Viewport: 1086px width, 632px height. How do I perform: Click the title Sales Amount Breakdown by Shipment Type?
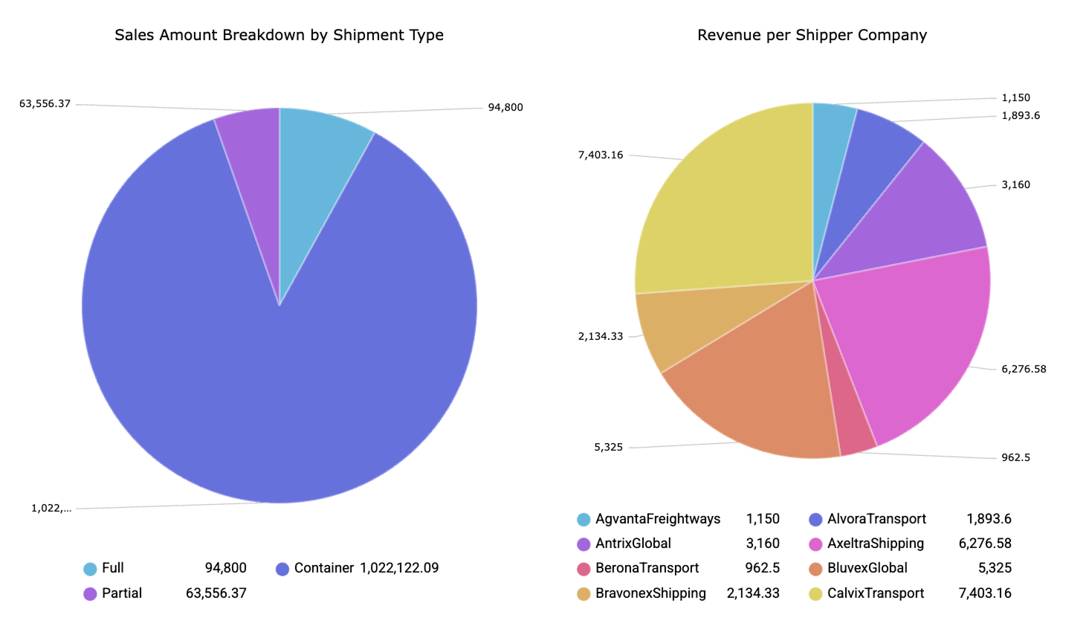click(279, 35)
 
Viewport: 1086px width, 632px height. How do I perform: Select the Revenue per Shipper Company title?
click(812, 35)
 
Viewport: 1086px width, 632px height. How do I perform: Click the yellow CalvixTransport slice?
click(728, 208)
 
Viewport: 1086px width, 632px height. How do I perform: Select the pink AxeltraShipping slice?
click(914, 335)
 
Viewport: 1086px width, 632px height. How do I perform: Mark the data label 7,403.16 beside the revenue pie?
click(601, 155)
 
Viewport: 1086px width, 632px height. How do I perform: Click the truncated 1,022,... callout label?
click(51, 509)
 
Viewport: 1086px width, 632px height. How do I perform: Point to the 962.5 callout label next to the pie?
click(1015, 457)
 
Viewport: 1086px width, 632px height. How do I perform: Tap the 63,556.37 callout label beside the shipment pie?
click(45, 103)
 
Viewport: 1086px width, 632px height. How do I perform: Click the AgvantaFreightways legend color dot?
click(584, 520)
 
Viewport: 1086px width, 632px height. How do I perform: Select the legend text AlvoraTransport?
click(876, 519)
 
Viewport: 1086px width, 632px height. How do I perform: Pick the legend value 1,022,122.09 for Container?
click(399, 568)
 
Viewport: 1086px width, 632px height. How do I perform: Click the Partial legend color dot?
click(90, 594)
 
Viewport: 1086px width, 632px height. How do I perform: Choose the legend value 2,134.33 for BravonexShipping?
click(753, 593)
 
